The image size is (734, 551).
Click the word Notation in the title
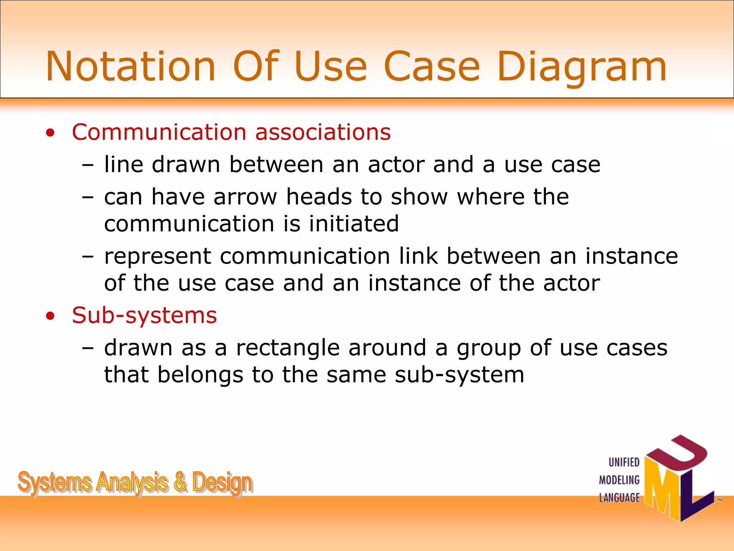[131, 67]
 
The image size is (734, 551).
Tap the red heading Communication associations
[231, 132]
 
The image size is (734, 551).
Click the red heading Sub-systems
[144, 315]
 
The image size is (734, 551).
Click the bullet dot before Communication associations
[51, 133]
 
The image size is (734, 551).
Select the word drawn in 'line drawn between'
[186, 165]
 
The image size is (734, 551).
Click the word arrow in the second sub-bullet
[245, 197]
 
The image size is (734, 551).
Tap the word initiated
[354, 223]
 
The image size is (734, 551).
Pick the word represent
[158, 257]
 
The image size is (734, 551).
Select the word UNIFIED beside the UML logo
[624, 462]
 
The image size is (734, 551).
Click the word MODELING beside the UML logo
[619, 480]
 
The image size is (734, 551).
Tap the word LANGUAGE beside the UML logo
[619, 498]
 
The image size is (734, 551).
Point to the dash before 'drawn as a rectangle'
[87, 348]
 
